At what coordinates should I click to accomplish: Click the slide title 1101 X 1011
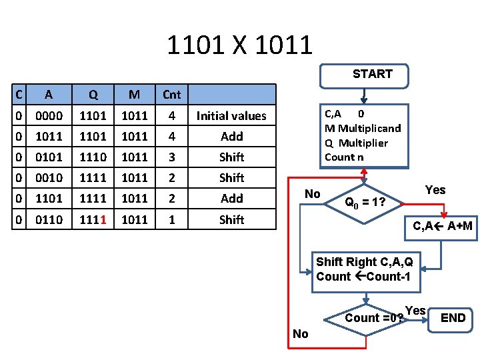pos(239,45)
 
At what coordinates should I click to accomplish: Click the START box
pos(372,75)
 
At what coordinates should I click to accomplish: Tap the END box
pos(453,318)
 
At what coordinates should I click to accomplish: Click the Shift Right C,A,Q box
pos(366,269)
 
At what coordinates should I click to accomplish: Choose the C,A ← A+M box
pos(443,227)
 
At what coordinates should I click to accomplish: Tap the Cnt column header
pos(171,95)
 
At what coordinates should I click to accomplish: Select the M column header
pos(135,95)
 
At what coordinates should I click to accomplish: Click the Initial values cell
pos(231,116)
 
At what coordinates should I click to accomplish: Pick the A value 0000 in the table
pos(49,116)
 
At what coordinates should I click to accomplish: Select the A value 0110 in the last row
pos(49,219)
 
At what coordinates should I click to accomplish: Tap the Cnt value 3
pos(171,157)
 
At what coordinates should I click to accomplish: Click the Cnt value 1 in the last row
pos(171,219)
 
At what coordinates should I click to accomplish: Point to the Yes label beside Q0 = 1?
pos(435,191)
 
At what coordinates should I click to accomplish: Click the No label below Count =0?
pos(301,334)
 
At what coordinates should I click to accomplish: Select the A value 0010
pos(49,178)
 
